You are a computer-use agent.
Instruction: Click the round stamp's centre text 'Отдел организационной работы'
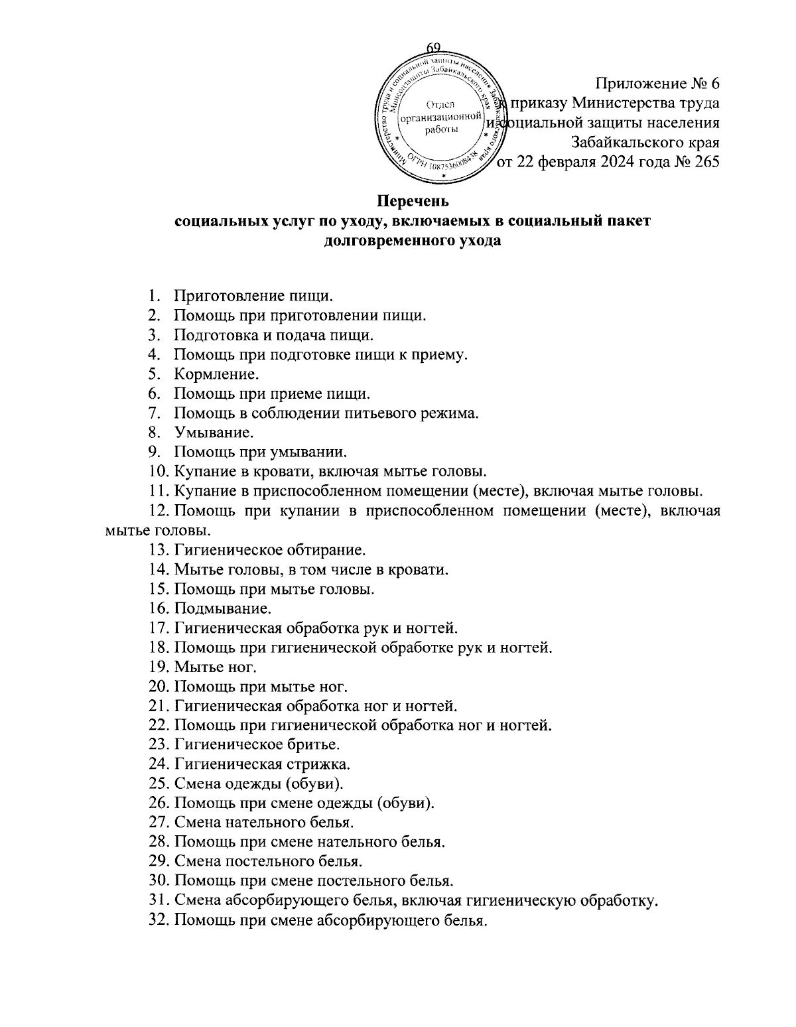pos(437,117)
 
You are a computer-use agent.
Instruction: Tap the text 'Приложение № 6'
pos(657,84)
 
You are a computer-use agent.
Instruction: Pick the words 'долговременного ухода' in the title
pos(413,241)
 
